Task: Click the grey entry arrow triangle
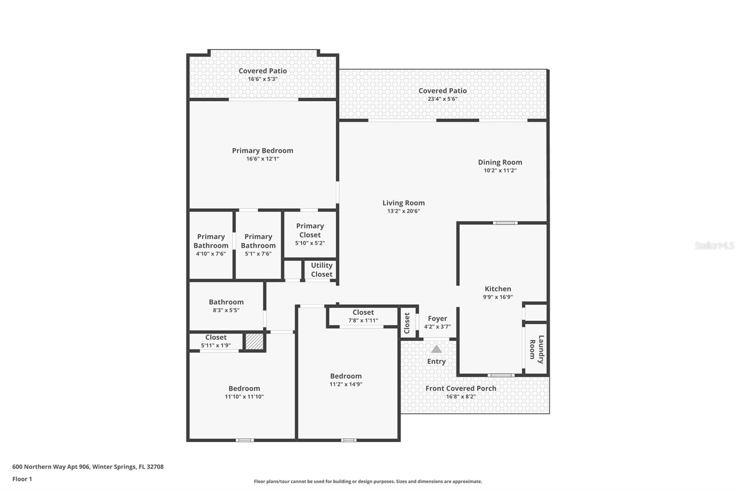[436, 350]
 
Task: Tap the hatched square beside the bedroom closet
[254, 341]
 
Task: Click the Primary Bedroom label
[262, 151]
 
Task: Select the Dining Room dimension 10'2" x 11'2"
[500, 170]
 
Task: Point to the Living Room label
[403, 203]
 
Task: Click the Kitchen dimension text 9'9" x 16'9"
[497, 297]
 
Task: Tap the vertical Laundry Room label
[536, 349]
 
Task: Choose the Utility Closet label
[321, 270]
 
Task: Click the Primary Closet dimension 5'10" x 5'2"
[310, 243]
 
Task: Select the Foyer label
[437, 318]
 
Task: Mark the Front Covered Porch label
[460, 388]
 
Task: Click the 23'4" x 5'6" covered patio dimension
[442, 99]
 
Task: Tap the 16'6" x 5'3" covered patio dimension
[262, 79]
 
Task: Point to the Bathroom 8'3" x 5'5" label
[226, 302]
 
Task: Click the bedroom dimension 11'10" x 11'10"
[244, 397]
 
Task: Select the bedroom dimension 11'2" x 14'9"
[345, 384]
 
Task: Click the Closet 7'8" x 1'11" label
[363, 312]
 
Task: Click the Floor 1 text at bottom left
[22, 479]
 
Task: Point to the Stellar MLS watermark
[714, 245]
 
